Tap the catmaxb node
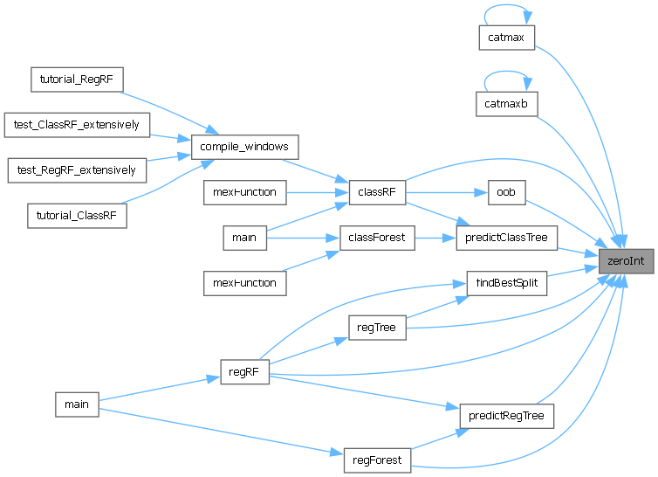pyautogui.click(x=506, y=104)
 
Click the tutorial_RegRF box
pyautogui.click(x=77, y=79)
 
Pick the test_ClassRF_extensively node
pyautogui.click(x=77, y=124)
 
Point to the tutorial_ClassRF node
pyautogui.click(x=77, y=215)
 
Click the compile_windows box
pyautogui.click(x=244, y=147)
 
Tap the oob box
pyautogui.click(x=506, y=192)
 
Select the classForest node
pyautogui.click(x=376, y=238)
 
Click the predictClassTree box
pyautogui.click(x=506, y=238)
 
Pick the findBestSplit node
pyautogui.click(x=506, y=283)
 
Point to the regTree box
pyautogui.click(x=376, y=328)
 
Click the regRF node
pyautogui.click(x=244, y=374)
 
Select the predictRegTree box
pyautogui.click(x=506, y=416)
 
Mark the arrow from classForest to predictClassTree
pyautogui.click(x=435, y=238)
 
